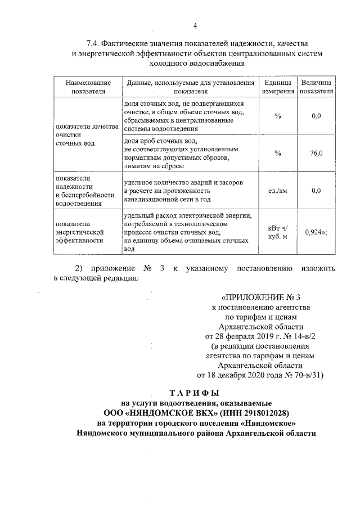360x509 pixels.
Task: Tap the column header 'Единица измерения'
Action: click(277, 87)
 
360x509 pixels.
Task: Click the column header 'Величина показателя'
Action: click(316, 87)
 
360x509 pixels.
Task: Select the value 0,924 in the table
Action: click(314, 231)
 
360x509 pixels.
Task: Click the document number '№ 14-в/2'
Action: click(297, 336)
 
